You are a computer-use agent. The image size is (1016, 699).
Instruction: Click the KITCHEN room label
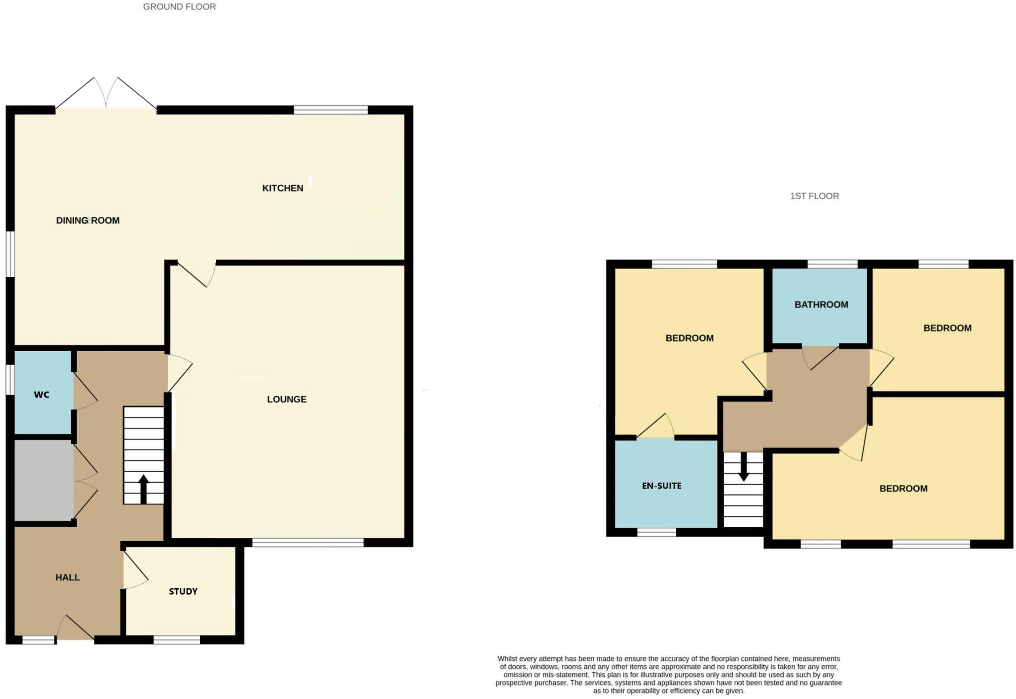tap(282, 188)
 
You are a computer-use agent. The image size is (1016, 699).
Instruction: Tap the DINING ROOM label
tap(88, 220)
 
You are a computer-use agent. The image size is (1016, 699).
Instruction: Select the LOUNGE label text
tap(287, 399)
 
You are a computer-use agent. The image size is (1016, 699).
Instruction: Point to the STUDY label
tap(183, 591)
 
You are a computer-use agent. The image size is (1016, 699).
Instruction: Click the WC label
tap(42, 395)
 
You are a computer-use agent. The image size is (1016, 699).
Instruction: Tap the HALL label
tap(67, 577)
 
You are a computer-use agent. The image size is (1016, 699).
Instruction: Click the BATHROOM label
tap(821, 305)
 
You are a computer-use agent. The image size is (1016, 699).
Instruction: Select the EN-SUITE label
tap(661, 486)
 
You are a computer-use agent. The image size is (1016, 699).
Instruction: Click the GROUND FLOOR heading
tap(179, 7)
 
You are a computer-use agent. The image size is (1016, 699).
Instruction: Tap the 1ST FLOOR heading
tap(814, 196)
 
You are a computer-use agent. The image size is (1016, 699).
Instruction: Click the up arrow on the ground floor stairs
tap(143, 489)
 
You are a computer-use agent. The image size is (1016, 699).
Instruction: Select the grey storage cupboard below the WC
tap(44, 481)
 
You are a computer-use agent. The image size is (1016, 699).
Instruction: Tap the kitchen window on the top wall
tap(330, 110)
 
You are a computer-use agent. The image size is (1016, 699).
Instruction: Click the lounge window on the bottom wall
tap(308, 543)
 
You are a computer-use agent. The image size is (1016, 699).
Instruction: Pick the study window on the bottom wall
tap(177, 640)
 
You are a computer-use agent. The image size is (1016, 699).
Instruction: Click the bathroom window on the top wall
tap(832, 264)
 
